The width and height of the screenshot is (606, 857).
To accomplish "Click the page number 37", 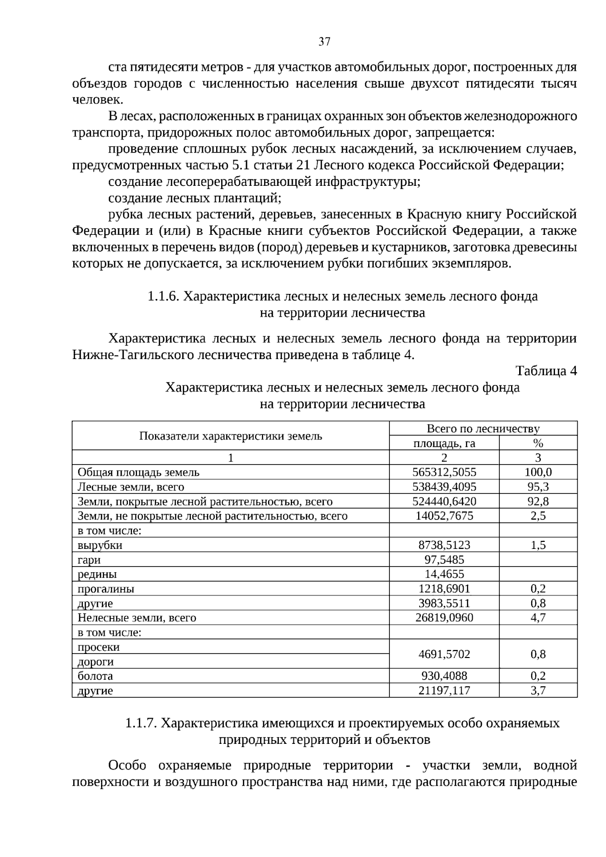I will tap(324, 42).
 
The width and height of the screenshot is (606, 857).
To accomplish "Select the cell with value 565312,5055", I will tap(444, 472).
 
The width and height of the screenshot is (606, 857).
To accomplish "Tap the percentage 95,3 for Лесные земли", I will tap(538, 487).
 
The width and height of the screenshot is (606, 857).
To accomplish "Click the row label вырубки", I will tap(100, 545).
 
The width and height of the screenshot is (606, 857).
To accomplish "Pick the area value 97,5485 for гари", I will tap(444, 560).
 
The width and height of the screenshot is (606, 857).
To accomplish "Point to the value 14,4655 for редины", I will tap(444, 574).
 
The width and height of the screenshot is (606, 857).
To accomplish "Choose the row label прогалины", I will tap(106, 589).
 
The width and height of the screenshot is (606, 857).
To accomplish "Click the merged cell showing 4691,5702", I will tap(444, 654).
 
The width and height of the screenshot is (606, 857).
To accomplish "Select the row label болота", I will tap(95, 676).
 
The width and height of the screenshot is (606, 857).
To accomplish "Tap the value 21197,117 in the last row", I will tap(444, 690).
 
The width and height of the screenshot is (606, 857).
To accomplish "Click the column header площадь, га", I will tap(444, 443).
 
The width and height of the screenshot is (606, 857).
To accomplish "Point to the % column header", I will tap(538, 443).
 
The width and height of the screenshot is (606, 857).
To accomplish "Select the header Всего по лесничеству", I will tap(483, 429).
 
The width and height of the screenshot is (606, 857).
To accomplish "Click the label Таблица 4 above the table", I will tap(546, 371).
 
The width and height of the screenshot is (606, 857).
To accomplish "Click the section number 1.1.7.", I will tap(141, 723).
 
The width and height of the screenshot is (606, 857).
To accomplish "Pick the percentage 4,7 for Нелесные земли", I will tap(538, 618).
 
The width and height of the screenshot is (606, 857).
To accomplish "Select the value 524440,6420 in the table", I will tap(444, 501).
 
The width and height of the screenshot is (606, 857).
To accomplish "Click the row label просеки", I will tap(99, 647).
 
